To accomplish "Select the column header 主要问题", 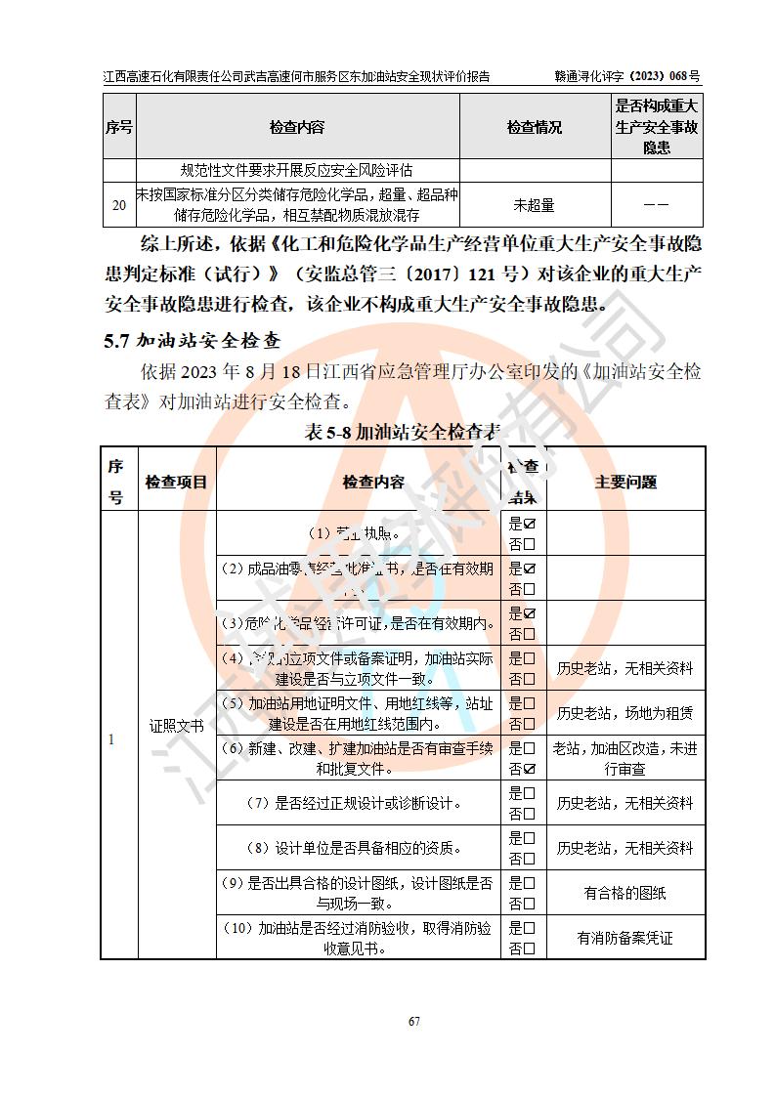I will point(625,482).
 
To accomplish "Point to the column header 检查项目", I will point(177,482).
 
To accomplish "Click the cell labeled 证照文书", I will point(177,726).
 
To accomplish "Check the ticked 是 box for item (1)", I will point(530,525).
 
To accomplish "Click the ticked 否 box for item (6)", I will point(530,769).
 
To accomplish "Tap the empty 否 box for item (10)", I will point(530,948).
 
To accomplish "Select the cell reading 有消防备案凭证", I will point(625,939).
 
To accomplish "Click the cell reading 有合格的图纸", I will point(625,893).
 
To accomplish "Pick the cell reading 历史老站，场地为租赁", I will point(625,713).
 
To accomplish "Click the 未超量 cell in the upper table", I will point(535,205).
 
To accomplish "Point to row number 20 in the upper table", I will point(118,205).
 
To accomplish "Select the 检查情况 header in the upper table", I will point(535,128).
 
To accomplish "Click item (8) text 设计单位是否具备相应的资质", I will point(358,848).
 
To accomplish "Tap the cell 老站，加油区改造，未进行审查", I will point(625,758).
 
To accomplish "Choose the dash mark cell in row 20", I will point(657,205).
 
